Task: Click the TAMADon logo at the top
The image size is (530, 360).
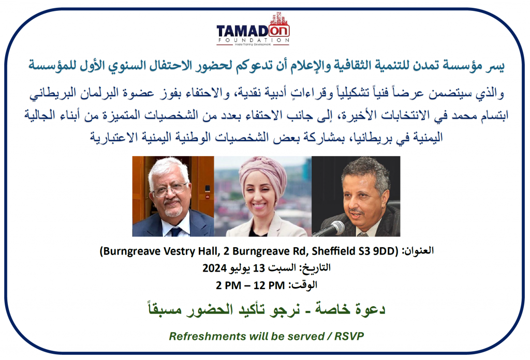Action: pyautogui.click(x=253, y=29)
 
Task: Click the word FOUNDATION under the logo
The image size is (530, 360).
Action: pyautogui.click(x=253, y=40)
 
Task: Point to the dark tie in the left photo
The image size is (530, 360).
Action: pyautogui.click(x=176, y=232)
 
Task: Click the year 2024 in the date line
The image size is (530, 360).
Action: pyautogui.click(x=214, y=268)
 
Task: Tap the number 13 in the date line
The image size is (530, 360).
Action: pyautogui.click(x=259, y=268)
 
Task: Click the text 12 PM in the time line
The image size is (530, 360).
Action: pyautogui.click(x=269, y=286)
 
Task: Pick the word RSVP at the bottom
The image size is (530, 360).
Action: pyautogui.click(x=349, y=336)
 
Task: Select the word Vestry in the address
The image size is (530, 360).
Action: pyautogui.click(x=181, y=251)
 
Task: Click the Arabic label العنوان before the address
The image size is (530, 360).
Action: pyautogui.click(x=418, y=251)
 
